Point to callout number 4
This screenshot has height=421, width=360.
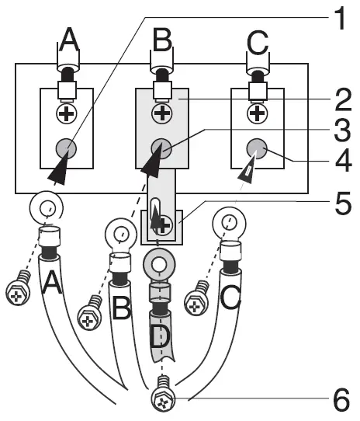(x=340, y=163)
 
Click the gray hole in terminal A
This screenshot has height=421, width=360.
(x=67, y=147)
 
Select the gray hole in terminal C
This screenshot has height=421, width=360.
(x=257, y=147)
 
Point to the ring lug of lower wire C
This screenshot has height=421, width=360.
(x=227, y=224)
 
